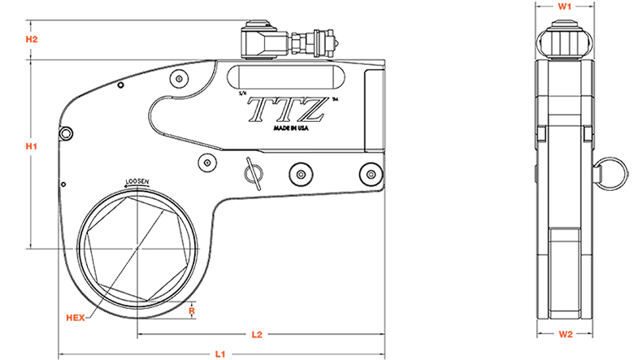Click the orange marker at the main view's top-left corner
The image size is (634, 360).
click(39, 40)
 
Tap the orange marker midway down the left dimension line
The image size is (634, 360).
click(36, 145)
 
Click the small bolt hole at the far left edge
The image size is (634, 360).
click(66, 132)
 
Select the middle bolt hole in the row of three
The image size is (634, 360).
click(301, 173)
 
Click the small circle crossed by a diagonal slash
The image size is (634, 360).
click(254, 172)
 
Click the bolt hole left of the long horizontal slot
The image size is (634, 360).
click(180, 78)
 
